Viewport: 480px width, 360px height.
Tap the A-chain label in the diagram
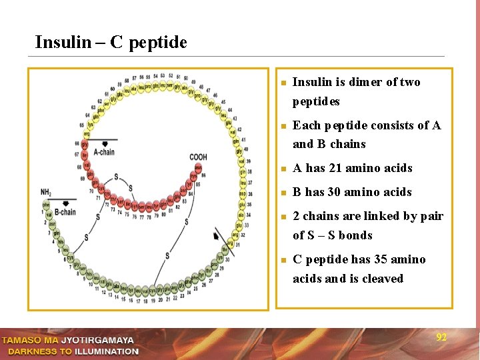[x=104, y=152]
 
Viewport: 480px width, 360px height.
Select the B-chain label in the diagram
[x=65, y=212]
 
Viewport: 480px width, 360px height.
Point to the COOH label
[x=198, y=158]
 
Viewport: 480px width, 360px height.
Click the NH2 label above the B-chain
[x=46, y=192]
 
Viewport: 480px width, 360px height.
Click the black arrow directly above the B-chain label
[x=65, y=202]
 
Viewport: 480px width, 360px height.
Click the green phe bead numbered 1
[x=47, y=205]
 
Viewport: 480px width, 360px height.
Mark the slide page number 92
[x=441, y=337]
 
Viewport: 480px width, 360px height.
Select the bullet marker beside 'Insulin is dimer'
[x=283, y=83]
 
